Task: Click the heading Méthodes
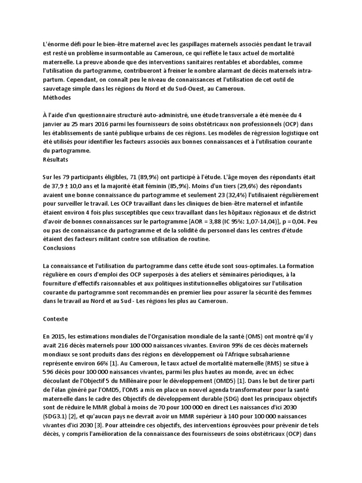57,98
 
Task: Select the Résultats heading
55,159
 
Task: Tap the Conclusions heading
59,247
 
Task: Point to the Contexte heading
55,319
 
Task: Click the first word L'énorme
55,44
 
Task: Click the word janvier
54,124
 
